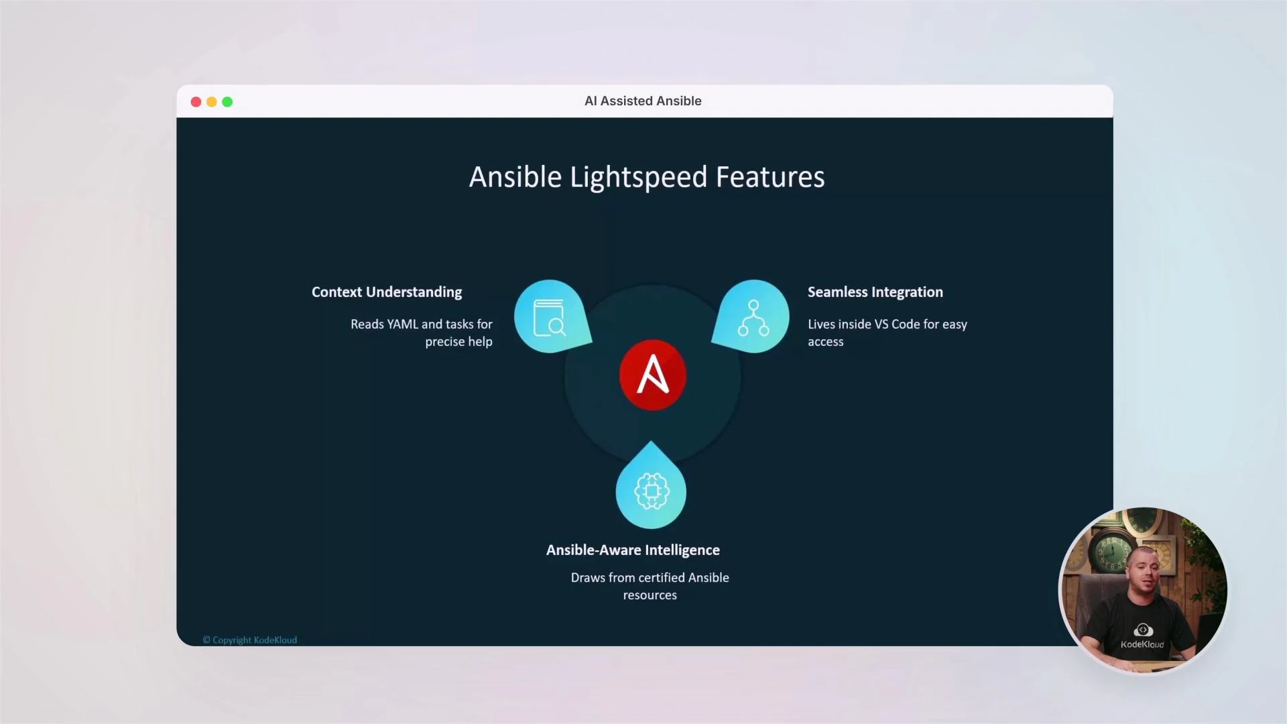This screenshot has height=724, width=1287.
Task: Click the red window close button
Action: pos(196,102)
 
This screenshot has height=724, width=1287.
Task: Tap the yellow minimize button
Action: pos(212,102)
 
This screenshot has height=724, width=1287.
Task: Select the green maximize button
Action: pos(227,102)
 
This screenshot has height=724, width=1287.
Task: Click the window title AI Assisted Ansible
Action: pos(643,101)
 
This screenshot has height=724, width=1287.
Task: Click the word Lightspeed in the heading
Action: pos(638,178)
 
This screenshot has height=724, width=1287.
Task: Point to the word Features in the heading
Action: pos(770,178)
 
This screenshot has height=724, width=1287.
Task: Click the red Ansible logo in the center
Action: pos(652,375)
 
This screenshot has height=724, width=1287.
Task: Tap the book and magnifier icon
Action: pos(550,317)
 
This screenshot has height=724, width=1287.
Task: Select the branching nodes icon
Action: pos(753,318)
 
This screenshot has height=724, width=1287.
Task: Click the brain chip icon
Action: pos(651,491)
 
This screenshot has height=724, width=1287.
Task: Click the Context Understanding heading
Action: pos(387,292)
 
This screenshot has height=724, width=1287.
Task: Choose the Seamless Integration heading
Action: pos(875,292)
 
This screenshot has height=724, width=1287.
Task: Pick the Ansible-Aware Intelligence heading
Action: pos(633,550)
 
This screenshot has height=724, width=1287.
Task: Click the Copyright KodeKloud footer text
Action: pos(250,640)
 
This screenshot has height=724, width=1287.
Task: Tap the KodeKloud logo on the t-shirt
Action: pos(1143,630)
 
